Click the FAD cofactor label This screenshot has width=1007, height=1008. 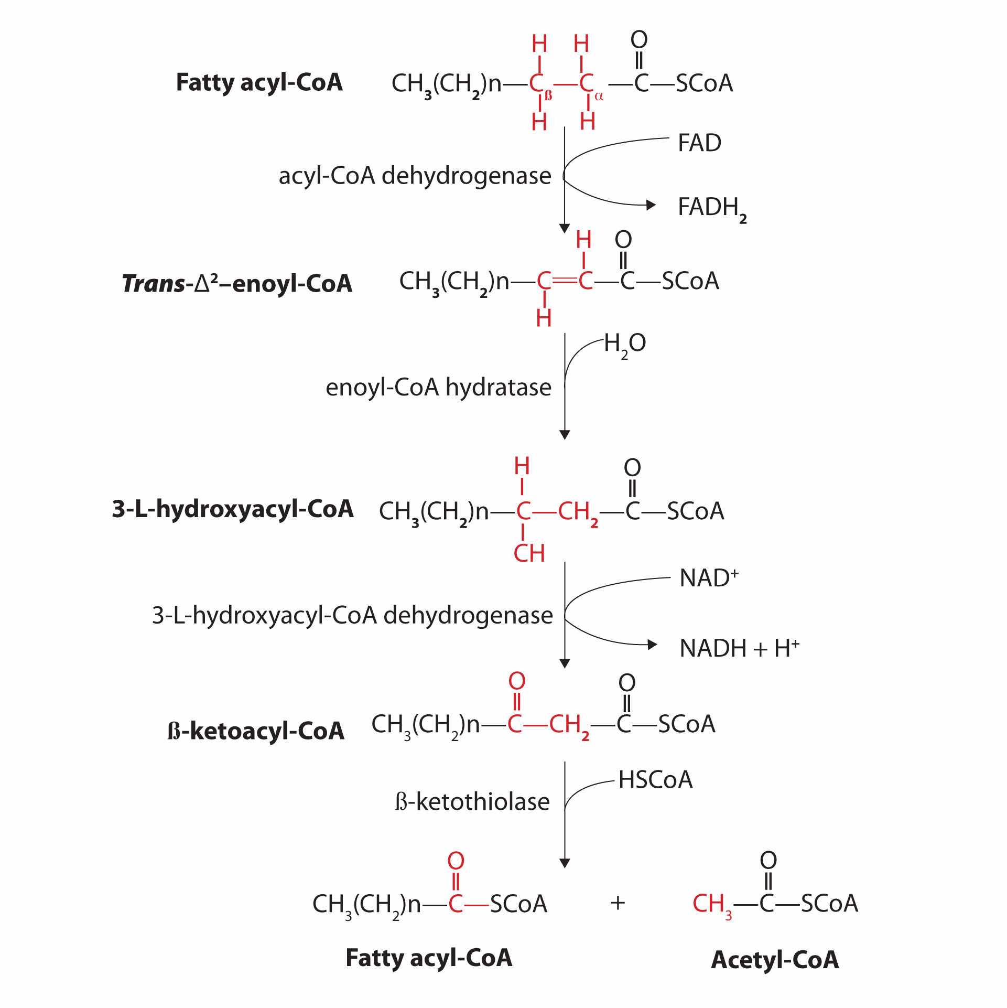(x=699, y=143)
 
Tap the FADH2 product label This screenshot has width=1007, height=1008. (x=711, y=208)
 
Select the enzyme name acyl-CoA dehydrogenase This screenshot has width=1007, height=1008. (x=415, y=176)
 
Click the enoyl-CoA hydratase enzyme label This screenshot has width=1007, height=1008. (x=438, y=388)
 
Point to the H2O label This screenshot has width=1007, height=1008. (x=624, y=345)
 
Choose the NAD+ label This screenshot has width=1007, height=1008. (x=708, y=578)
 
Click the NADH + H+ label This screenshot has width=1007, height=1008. (x=739, y=649)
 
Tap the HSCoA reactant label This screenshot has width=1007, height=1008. (x=655, y=780)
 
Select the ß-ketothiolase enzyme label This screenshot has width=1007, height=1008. (x=472, y=802)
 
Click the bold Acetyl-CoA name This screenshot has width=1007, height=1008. (x=775, y=960)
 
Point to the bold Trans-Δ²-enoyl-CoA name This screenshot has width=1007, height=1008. (x=237, y=284)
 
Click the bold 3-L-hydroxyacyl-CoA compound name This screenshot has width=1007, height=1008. (x=233, y=509)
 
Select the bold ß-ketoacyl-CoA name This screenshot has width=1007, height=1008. (x=256, y=731)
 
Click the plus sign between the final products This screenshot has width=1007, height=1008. (x=618, y=903)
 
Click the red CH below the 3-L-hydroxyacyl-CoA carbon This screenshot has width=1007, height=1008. (x=529, y=554)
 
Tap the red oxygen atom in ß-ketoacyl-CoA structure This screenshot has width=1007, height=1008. (x=516, y=681)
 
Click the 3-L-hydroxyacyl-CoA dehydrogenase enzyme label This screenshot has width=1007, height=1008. (x=352, y=615)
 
